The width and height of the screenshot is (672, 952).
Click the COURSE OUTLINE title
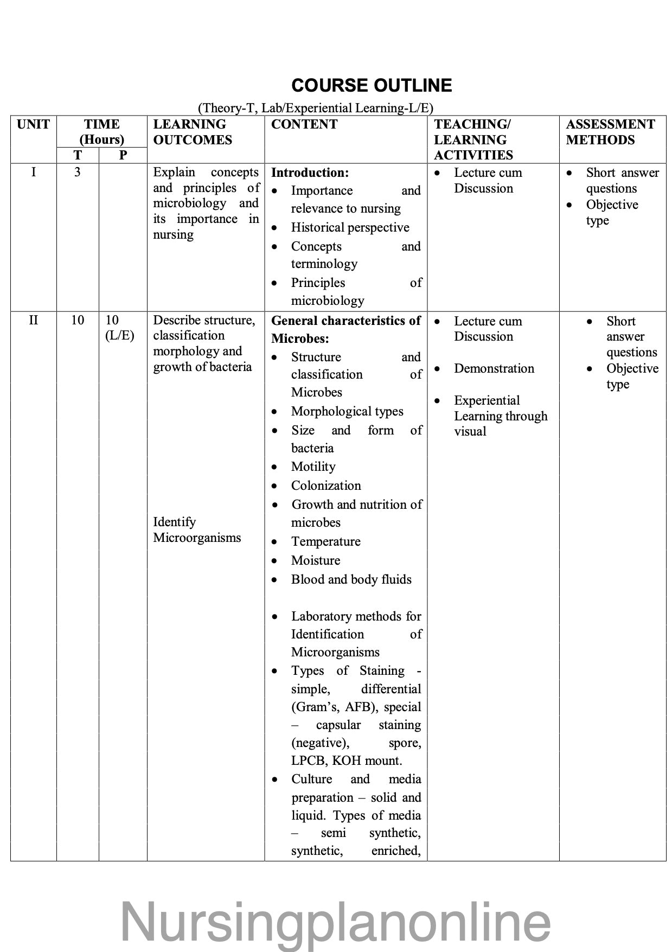coord(372,86)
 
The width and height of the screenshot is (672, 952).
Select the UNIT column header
coord(33,125)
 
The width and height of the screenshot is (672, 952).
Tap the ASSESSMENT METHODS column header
coord(610,132)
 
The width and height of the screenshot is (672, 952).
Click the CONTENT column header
coord(304,125)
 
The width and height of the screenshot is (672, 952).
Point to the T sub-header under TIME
coord(78,155)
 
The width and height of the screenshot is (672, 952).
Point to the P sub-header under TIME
coord(123,155)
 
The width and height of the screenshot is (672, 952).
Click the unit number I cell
coord(34,172)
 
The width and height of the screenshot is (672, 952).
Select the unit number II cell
coord(34,320)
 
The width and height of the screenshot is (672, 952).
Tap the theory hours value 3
coord(78,172)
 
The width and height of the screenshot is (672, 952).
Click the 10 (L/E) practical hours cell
coord(119,328)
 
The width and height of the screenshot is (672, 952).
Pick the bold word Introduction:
coord(310,173)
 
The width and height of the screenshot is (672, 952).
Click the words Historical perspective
coord(350,228)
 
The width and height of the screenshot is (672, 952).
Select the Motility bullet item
coord(313,467)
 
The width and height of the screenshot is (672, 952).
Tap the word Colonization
coord(326,486)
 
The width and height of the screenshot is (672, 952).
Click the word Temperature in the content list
coord(325,542)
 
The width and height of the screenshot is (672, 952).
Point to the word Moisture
coord(316,561)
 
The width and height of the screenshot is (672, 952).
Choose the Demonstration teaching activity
coord(494,369)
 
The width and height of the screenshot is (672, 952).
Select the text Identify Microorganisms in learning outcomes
coord(197,530)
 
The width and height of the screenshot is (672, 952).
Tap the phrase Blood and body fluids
coord(351,580)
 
